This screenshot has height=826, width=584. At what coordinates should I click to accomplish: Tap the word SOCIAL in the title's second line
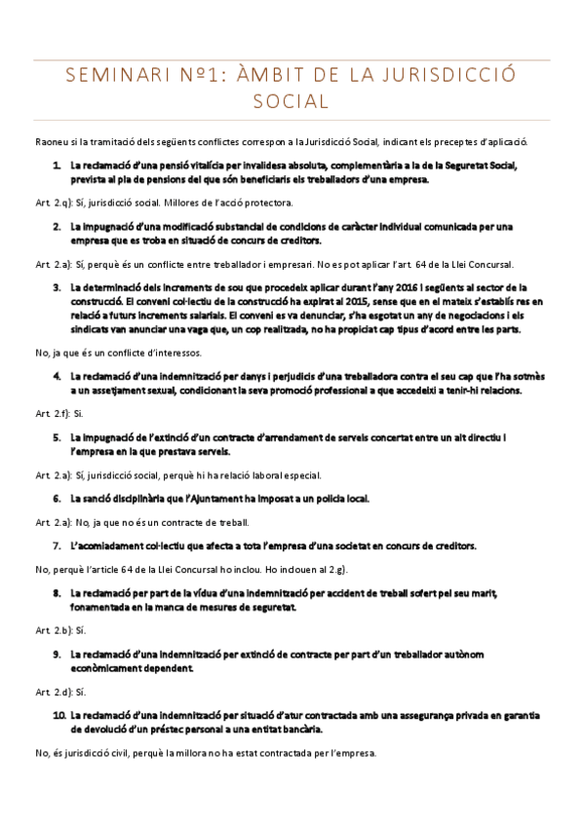[292, 100]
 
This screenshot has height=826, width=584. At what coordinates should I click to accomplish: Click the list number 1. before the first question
[58, 166]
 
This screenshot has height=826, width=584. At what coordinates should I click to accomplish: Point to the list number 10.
[58, 715]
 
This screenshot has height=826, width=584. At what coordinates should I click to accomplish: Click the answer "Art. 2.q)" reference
[52, 202]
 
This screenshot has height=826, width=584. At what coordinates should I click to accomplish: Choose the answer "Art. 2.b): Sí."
[60, 629]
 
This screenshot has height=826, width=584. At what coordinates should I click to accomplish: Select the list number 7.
[58, 544]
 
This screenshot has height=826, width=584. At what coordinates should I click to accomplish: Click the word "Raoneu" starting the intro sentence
[50, 142]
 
